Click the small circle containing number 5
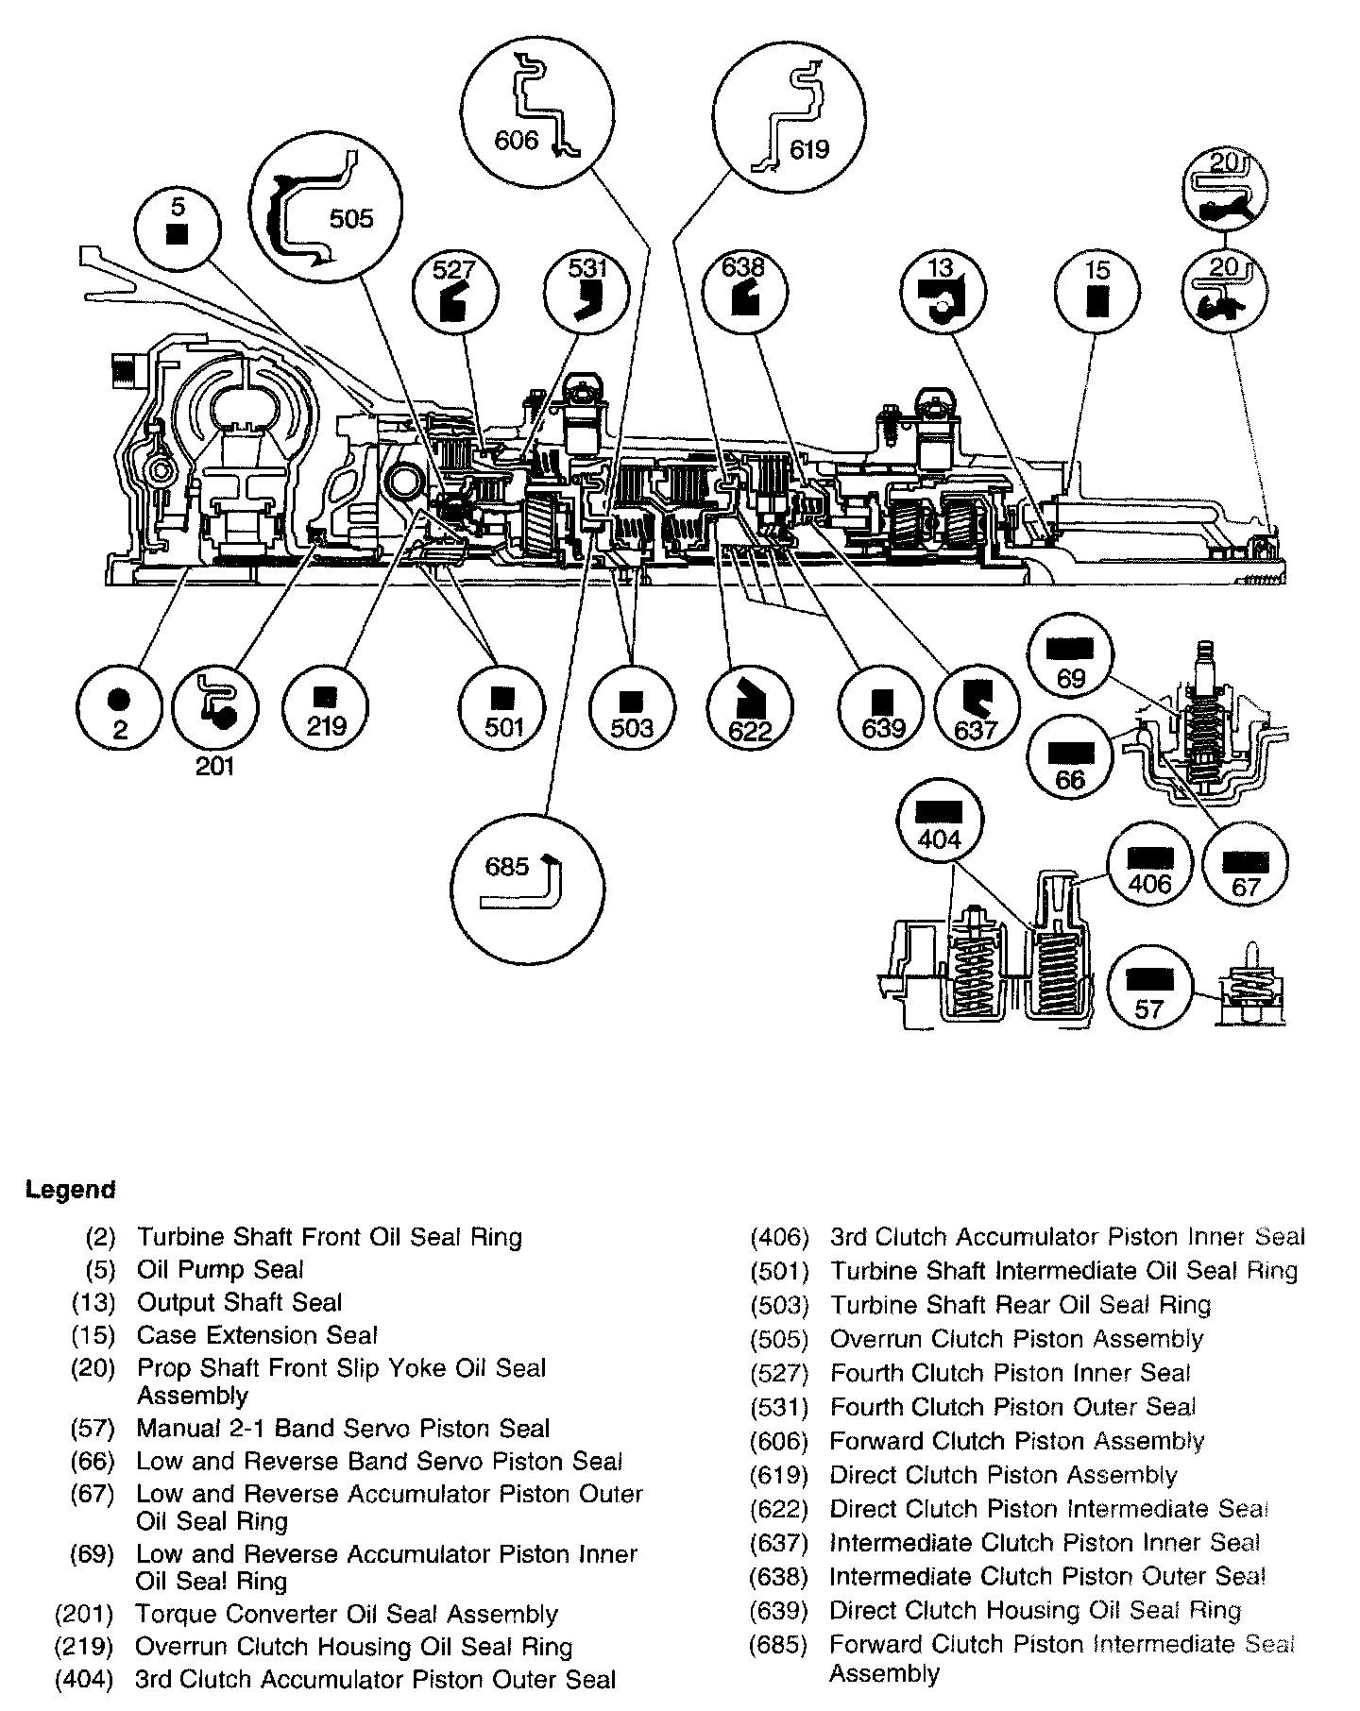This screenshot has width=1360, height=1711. tap(177, 229)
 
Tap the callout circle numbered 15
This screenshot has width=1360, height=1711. tap(1096, 292)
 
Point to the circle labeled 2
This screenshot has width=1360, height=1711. tap(119, 707)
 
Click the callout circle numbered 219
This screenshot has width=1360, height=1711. tap(326, 707)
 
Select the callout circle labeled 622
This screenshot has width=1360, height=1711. tap(750, 707)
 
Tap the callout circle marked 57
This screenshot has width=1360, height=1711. tap(1149, 992)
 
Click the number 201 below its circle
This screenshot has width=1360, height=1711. tap(214, 766)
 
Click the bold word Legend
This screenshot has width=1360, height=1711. tap(70, 1190)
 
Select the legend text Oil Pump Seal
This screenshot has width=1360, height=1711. tap(220, 1270)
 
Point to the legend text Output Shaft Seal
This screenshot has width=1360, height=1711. tap(239, 1303)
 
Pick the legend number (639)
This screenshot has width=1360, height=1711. tap(778, 1611)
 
